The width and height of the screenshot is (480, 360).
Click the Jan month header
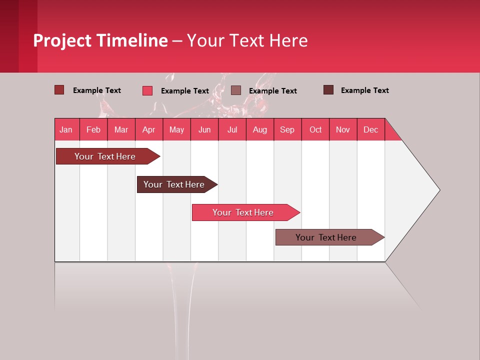66,129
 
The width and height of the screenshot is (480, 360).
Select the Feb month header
93,129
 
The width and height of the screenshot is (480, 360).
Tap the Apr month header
148,129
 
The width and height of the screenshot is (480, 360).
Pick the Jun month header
204,129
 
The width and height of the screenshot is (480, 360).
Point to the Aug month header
260,129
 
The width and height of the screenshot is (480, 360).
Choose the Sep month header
287,129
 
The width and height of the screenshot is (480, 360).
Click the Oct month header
315,129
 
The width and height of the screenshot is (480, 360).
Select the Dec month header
371,129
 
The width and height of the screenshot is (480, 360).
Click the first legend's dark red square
59,90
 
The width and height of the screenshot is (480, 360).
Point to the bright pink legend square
147,90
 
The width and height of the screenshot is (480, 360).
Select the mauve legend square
236,90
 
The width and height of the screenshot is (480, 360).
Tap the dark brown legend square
328,90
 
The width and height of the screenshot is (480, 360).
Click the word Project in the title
62,40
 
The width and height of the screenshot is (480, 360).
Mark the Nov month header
343,129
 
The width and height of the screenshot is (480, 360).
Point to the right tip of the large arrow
438,189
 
